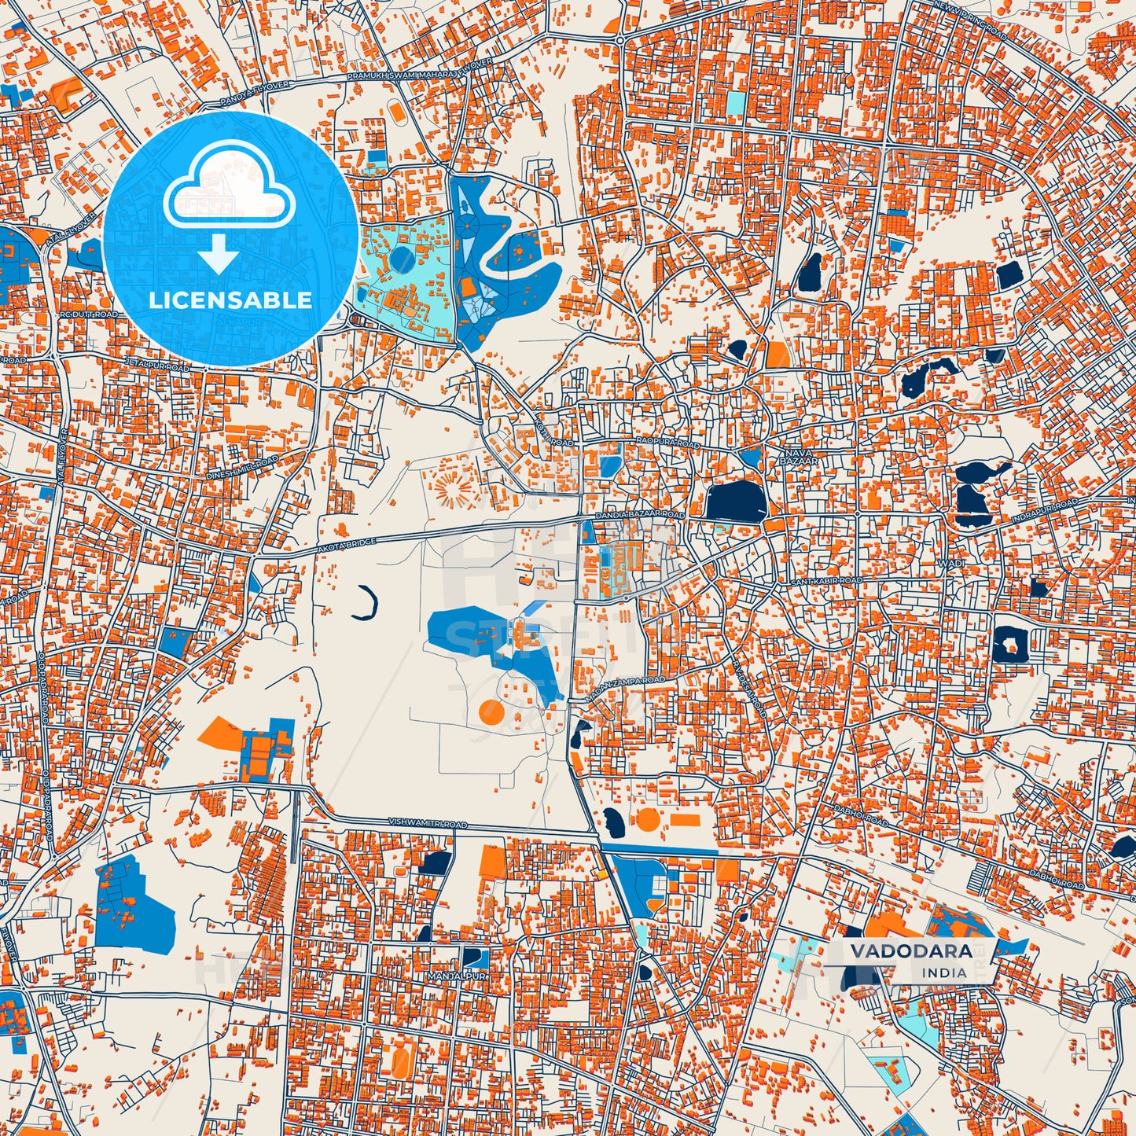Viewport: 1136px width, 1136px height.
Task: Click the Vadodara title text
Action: (910, 951)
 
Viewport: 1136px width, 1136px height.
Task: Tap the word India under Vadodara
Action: (945, 972)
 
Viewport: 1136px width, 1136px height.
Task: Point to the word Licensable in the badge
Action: (230, 300)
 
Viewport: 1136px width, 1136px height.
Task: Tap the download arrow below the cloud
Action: (219, 256)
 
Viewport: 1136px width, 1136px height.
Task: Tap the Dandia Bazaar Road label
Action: (640, 515)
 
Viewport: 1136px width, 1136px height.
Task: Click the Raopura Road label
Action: (667, 444)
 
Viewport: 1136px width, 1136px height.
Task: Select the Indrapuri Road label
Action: (1045, 509)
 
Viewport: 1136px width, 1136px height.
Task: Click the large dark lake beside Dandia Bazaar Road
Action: (736, 501)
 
